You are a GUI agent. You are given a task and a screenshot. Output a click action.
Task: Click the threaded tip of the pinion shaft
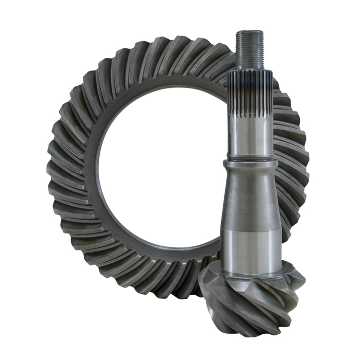pyautogui.click(x=250, y=49)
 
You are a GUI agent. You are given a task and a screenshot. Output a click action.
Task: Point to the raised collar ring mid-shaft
pyautogui.click(x=250, y=166)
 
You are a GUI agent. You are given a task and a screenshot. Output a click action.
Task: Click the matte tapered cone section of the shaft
pyautogui.click(x=250, y=206)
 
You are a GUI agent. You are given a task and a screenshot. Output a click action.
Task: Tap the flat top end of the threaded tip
pyautogui.click(x=250, y=32)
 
